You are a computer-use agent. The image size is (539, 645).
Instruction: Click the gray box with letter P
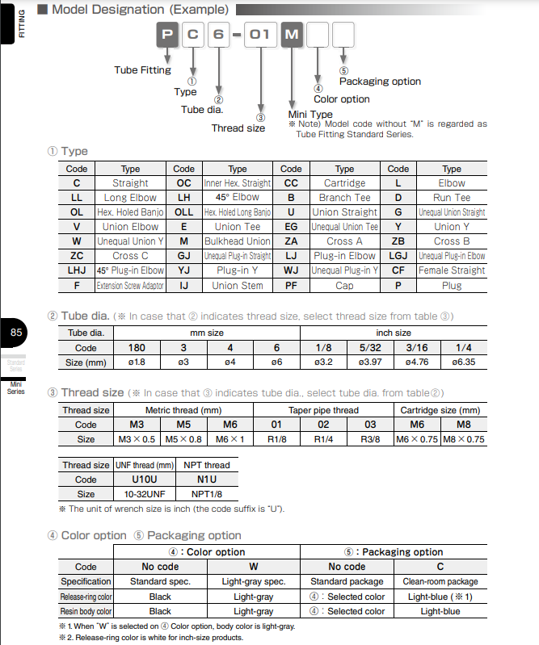pos(166,36)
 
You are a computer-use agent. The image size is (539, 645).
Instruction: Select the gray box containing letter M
pos(292,36)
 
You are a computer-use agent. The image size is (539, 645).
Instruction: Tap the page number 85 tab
pos(16,333)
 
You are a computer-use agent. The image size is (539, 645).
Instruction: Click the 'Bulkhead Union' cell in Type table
pos(238,241)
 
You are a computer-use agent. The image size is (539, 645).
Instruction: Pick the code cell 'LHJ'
pos(77,270)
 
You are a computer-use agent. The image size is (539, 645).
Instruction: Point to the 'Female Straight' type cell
pos(452,270)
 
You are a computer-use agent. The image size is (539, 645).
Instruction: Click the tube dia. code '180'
pos(137,348)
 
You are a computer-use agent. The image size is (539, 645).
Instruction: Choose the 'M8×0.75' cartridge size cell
pos(463,439)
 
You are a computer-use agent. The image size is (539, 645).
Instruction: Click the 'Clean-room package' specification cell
pos(440,581)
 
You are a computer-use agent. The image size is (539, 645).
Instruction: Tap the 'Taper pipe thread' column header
pos(323,410)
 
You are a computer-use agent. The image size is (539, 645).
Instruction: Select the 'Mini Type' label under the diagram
pos(310,115)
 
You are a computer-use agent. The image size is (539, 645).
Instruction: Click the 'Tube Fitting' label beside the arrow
pos(143,70)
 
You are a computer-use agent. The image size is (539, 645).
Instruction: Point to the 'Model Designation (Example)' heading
pos(140,10)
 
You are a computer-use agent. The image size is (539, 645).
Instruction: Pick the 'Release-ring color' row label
pos(86,597)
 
